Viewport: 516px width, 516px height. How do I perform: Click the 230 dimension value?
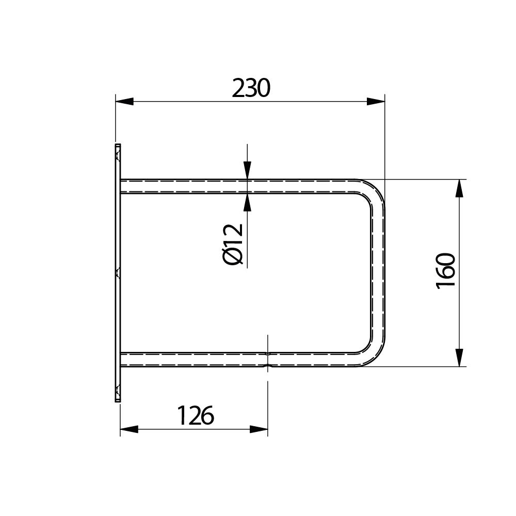tap(251, 89)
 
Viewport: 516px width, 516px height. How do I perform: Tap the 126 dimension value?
tap(195, 415)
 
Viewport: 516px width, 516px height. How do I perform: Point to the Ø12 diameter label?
tap(234, 244)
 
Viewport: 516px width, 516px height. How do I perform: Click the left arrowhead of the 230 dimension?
tap(124, 101)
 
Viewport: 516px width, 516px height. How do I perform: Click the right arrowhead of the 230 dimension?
tap(376, 101)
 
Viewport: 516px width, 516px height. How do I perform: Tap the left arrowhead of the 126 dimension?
tap(129, 429)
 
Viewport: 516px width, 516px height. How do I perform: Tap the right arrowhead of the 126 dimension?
tap(259, 429)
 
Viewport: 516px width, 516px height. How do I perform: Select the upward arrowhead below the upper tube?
tap(248, 202)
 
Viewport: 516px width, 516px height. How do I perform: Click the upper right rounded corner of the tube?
tap(373, 192)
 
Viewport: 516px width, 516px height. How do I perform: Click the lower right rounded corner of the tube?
tap(373, 354)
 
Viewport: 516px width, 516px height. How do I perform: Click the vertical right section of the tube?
tap(378, 273)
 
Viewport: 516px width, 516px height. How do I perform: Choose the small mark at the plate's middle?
tap(118, 272)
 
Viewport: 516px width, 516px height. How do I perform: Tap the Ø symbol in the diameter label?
tap(234, 256)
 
